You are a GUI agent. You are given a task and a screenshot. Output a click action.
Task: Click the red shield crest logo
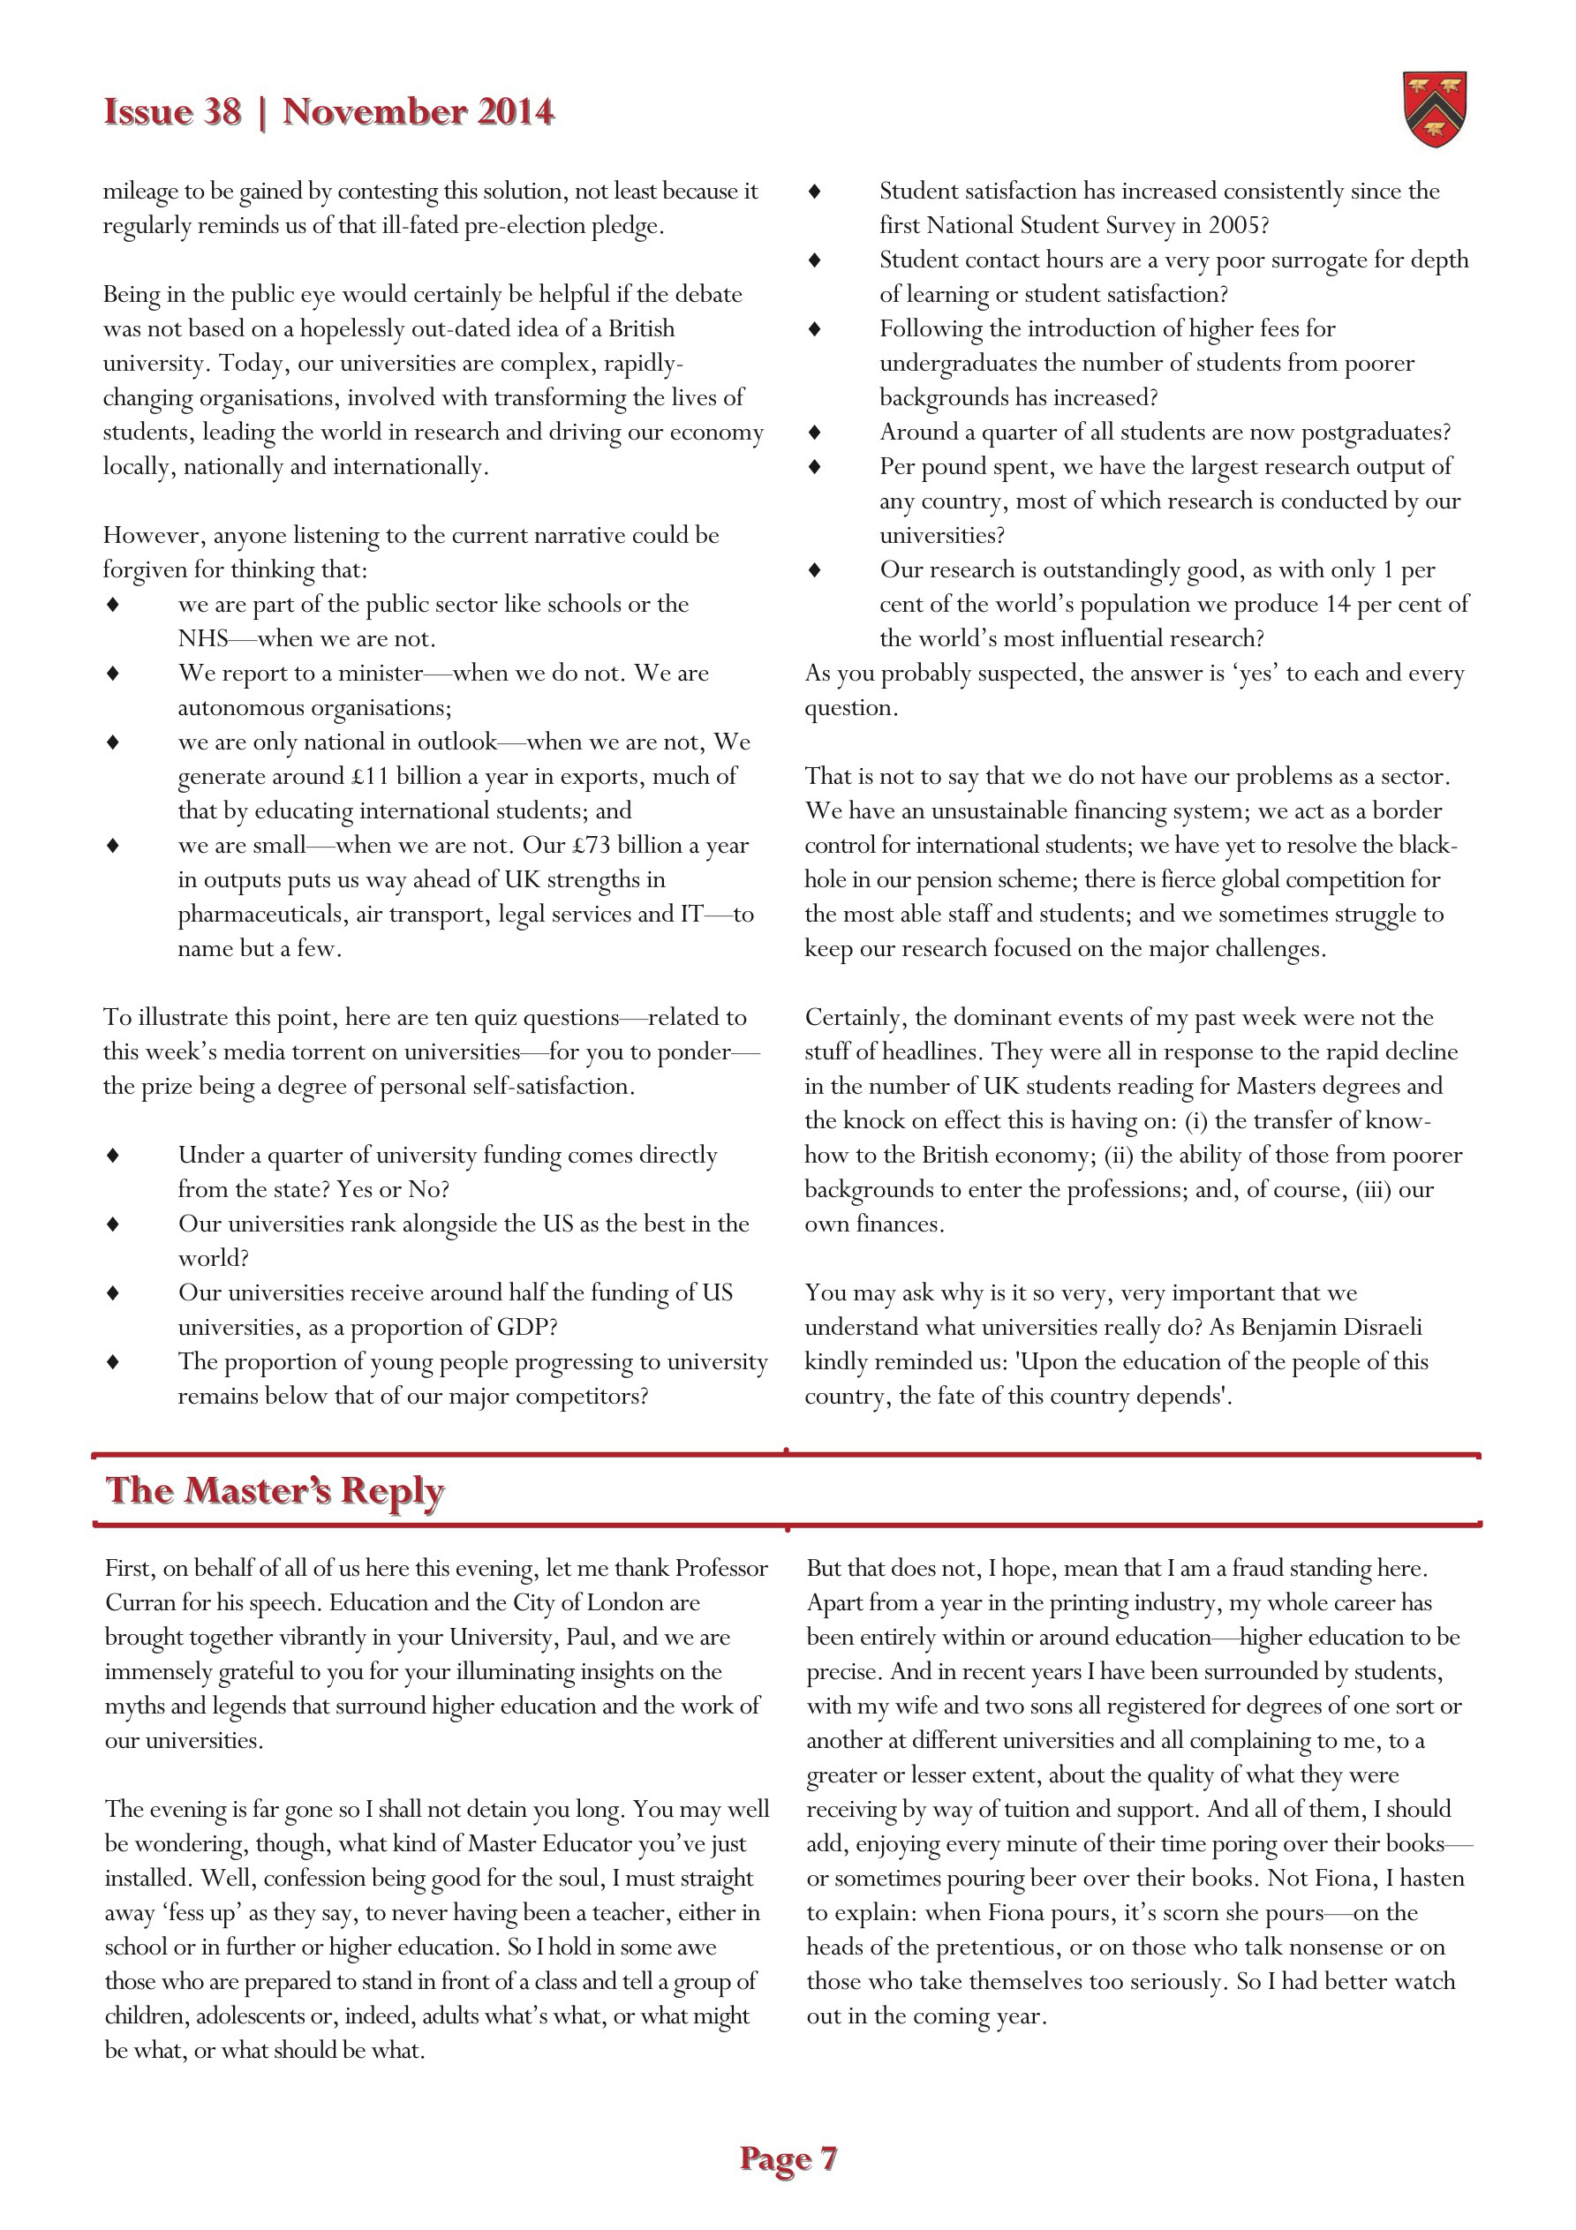pos(1434,109)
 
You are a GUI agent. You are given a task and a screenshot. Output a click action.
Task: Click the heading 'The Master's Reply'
pos(275,1490)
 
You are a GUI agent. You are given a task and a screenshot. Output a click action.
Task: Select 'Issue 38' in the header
pos(172,112)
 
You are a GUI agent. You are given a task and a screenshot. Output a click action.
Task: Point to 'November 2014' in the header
pos(418,112)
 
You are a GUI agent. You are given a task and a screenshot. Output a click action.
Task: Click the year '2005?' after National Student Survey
pos(1239,225)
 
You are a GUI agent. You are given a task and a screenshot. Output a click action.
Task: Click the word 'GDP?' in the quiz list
pos(524,1327)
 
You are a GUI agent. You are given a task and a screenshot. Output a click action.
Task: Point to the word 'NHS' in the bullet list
pos(202,638)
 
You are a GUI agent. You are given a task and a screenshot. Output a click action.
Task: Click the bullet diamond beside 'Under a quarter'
pos(114,1155)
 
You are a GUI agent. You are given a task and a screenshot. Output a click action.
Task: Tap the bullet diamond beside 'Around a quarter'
pos(815,433)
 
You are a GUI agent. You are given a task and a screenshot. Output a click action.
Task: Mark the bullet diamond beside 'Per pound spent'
pos(815,466)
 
